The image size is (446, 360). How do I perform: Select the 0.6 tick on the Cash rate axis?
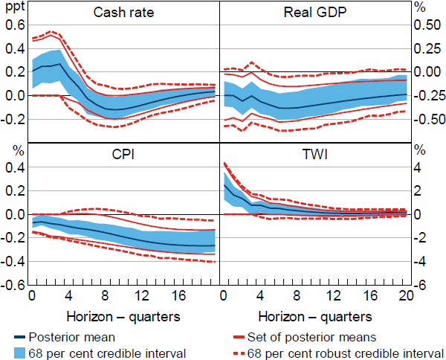(16, 25)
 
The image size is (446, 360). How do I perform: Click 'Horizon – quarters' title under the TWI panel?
(315, 316)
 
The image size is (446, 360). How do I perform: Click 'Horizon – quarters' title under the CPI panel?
(123, 316)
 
